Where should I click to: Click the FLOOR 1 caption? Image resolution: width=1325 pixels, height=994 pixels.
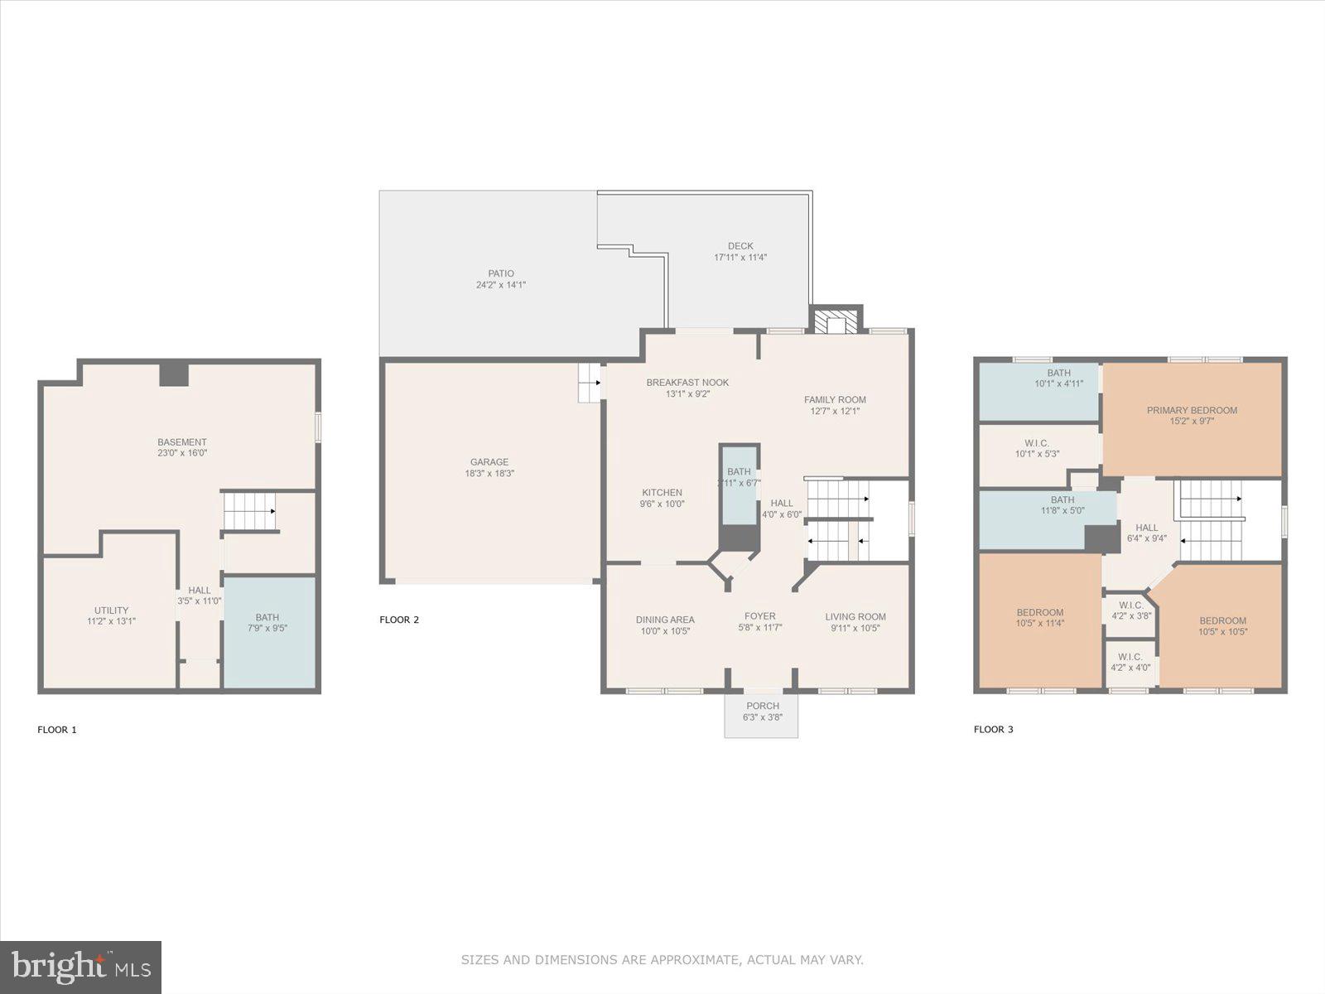[x=57, y=730]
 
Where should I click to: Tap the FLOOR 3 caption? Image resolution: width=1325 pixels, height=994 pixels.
[x=994, y=729]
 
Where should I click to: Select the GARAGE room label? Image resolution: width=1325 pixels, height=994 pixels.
[x=489, y=461]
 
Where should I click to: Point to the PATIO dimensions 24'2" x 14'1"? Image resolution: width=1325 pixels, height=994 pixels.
[x=501, y=285]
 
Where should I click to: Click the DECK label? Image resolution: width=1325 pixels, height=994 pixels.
[x=740, y=246]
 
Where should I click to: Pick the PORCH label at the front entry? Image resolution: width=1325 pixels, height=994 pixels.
[x=763, y=706]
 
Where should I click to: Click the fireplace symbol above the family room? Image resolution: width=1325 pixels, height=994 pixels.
[x=836, y=321]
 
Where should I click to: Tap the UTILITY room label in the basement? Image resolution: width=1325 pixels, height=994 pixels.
[x=111, y=610]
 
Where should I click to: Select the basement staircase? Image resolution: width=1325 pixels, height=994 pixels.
[x=249, y=511]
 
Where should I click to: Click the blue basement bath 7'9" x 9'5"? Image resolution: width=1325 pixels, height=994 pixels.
[x=269, y=632]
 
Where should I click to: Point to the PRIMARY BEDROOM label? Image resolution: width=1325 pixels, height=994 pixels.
[x=1192, y=410]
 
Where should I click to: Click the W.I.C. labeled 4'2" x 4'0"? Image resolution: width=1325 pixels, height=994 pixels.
[x=1130, y=663]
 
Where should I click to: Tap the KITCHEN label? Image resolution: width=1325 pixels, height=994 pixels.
[x=662, y=493]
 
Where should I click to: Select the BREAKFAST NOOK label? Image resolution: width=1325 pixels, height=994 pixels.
[x=687, y=383]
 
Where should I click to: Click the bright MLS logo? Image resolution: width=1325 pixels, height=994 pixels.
[x=80, y=967]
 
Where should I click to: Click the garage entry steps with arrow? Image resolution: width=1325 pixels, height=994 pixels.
[x=590, y=383]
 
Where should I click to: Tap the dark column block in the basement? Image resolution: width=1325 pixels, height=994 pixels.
[x=174, y=374]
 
